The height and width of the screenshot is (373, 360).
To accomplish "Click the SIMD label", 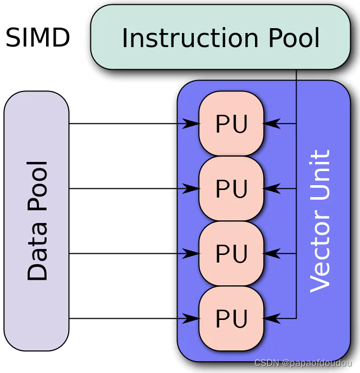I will [x=38, y=38].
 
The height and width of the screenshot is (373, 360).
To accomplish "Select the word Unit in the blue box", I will [x=319, y=175].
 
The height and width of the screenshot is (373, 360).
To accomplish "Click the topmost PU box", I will [x=231, y=124].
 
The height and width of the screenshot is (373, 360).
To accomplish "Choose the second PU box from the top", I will [x=231, y=189].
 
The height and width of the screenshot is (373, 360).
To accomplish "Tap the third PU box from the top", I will [x=231, y=254].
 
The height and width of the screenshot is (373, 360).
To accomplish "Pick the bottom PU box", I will [x=231, y=319].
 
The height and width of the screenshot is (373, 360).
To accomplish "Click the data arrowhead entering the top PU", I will [x=192, y=124].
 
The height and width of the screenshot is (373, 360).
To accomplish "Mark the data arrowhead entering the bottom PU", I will [x=192, y=319].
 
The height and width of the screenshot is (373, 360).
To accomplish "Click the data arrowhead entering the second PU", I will [x=192, y=189].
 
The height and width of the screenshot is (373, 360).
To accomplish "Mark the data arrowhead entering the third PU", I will [x=192, y=254].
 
